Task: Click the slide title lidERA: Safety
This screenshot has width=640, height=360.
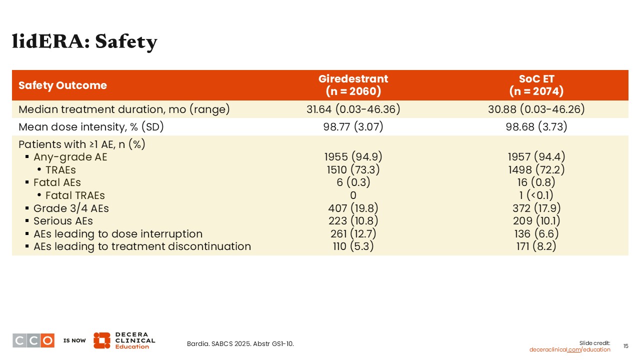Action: click(x=84, y=41)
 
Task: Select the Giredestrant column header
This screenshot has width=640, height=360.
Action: click(x=353, y=85)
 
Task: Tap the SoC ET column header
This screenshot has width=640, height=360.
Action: click(x=536, y=85)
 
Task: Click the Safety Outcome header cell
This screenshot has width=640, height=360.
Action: click(x=62, y=85)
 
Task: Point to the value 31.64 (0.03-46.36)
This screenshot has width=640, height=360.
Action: click(x=353, y=109)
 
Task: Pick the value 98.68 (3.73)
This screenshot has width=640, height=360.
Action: click(x=536, y=126)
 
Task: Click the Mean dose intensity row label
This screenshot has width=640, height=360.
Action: click(x=91, y=126)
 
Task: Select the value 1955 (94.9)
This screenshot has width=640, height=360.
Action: click(x=353, y=156)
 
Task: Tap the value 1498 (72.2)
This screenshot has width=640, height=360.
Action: click(x=536, y=169)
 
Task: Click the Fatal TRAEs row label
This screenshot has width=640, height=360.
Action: click(x=75, y=195)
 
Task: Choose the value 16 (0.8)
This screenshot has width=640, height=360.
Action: click(x=536, y=182)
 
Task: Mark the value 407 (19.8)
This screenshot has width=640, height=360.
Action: click(x=353, y=208)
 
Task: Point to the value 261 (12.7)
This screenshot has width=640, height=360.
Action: click(x=353, y=233)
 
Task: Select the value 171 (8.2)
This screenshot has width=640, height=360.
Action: click(x=536, y=246)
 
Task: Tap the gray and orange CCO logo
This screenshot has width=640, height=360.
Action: click(x=33, y=340)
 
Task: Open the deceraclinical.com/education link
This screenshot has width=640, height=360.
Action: click(x=569, y=349)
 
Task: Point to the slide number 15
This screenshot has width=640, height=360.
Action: click(x=625, y=346)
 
